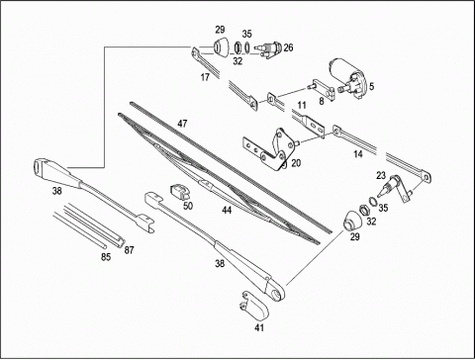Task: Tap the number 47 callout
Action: click(x=182, y=124)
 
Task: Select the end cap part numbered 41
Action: click(x=253, y=305)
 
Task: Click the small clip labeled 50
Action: click(x=180, y=192)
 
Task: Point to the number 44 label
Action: click(x=227, y=210)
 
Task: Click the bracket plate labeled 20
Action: click(x=268, y=149)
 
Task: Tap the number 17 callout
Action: click(x=205, y=77)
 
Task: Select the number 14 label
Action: click(x=358, y=154)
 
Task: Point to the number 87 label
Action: click(x=130, y=250)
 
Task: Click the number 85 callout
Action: click(x=106, y=257)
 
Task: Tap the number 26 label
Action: click(x=288, y=47)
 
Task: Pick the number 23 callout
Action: click(x=381, y=175)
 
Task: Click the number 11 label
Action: click(x=302, y=106)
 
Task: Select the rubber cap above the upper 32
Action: click(x=220, y=46)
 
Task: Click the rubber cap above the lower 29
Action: click(x=352, y=221)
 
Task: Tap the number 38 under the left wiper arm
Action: click(x=56, y=191)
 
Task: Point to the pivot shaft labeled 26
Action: click(x=269, y=49)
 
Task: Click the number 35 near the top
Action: click(x=247, y=34)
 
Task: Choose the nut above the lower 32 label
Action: click(x=364, y=209)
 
